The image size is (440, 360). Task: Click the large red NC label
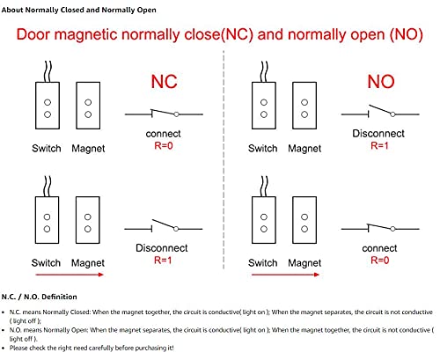click(165, 82)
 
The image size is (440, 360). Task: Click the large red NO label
click(381, 82)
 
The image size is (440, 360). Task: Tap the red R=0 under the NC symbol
click(164, 145)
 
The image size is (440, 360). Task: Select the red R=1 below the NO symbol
click(379, 145)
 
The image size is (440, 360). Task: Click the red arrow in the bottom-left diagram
click(70, 275)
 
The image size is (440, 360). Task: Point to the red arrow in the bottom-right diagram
click(285, 275)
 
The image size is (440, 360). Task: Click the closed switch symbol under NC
click(164, 114)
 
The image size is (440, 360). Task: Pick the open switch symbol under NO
click(380, 111)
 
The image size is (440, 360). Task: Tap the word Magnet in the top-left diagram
click(88, 149)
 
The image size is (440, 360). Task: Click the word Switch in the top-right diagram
click(263, 149)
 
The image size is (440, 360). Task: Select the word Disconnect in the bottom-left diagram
click(162, 248)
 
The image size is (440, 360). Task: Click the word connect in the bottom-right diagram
click(379, 248)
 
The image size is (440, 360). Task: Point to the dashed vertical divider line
click(224, 159)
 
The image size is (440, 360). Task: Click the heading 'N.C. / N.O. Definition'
click(40, 297)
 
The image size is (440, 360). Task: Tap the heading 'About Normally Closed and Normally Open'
click(78, 10)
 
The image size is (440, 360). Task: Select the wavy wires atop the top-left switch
click(48, 71)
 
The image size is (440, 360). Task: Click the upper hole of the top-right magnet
click(304, 102)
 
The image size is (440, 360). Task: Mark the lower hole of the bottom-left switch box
click(47, 229)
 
